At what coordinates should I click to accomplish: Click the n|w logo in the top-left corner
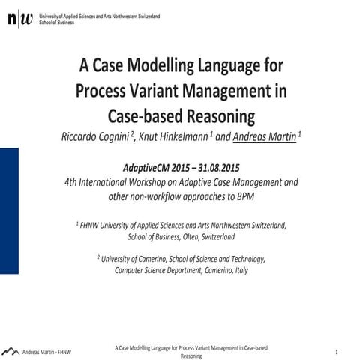[x=20, y=19]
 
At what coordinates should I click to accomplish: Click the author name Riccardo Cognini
[x=96, y=136]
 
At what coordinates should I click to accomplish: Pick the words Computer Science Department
[x=154, y=270]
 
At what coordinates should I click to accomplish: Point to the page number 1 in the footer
[x=337, y=352]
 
